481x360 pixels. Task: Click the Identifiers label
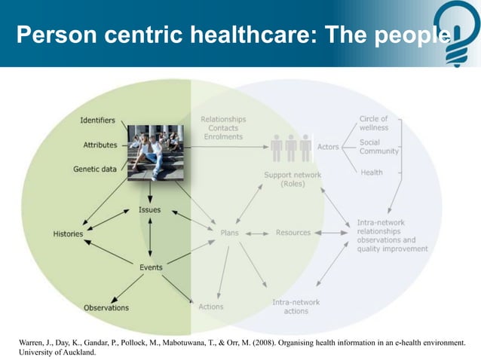[98, 121]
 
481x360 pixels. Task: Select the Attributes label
[100, 145]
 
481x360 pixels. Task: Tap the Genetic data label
[95, 169]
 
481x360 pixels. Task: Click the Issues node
[150, 210]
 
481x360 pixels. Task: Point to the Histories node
[68, 234]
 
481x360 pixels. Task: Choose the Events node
[151, 267]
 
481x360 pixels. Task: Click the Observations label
[106, 307]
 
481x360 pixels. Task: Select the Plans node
[230, 233]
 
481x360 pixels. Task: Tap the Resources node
[293, 233]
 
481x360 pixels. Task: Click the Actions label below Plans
[210, 307]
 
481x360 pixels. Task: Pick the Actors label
[328, 147]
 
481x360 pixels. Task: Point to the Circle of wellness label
[374, 123]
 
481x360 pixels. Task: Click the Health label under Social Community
[371, 172]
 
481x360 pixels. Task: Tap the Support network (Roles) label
[293, 179]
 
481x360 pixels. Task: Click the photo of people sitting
[155, 152]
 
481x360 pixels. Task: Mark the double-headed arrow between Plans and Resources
[257, 233]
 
